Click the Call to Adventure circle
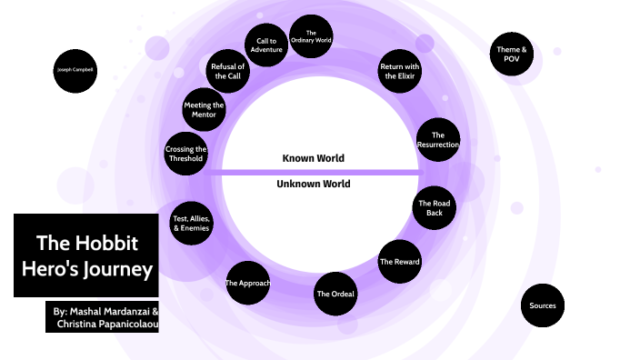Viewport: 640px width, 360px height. pos(267,45)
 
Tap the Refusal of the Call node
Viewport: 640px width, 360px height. pos(227,71)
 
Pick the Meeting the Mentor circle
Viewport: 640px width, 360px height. pos(204,110)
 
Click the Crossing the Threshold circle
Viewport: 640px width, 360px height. pos(186,154)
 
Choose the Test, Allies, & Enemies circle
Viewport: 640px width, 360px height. pos(192,223)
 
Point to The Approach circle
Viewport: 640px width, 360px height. pos(247,283)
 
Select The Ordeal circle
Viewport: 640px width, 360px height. pos(335,293)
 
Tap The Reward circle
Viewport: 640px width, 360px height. pos(399,262)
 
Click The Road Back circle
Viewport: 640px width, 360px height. pos(434,208)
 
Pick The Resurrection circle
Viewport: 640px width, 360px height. pos(437,140)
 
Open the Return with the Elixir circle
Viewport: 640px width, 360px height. pos(399,71)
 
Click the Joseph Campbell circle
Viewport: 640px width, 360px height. pos(75,70)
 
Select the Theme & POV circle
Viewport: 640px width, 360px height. pos(510,54)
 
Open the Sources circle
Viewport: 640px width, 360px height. pos(543,305)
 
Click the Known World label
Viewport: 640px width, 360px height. pos(314,158)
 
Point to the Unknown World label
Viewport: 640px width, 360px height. pos(314,184)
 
